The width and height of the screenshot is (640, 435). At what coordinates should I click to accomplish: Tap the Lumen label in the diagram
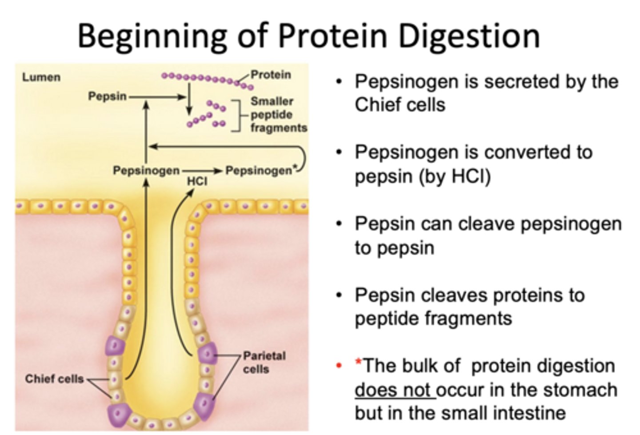tap(41, 77)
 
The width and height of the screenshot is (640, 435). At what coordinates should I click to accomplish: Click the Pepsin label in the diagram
tap(107, 96)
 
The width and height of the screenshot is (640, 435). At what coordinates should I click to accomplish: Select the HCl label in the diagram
tap(197, 182)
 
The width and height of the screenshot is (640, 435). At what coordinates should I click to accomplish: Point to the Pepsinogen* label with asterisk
tap(260, 171)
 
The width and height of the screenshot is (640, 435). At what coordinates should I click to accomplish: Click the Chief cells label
tap(54, 379)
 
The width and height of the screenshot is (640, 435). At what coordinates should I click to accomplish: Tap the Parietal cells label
tap(264, 362)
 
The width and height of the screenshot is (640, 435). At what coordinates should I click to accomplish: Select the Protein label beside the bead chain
tap(271, 75)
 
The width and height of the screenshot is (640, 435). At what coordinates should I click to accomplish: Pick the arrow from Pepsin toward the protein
tap(158, 96)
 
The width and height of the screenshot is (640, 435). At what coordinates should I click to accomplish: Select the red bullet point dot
tap(339, 366)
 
